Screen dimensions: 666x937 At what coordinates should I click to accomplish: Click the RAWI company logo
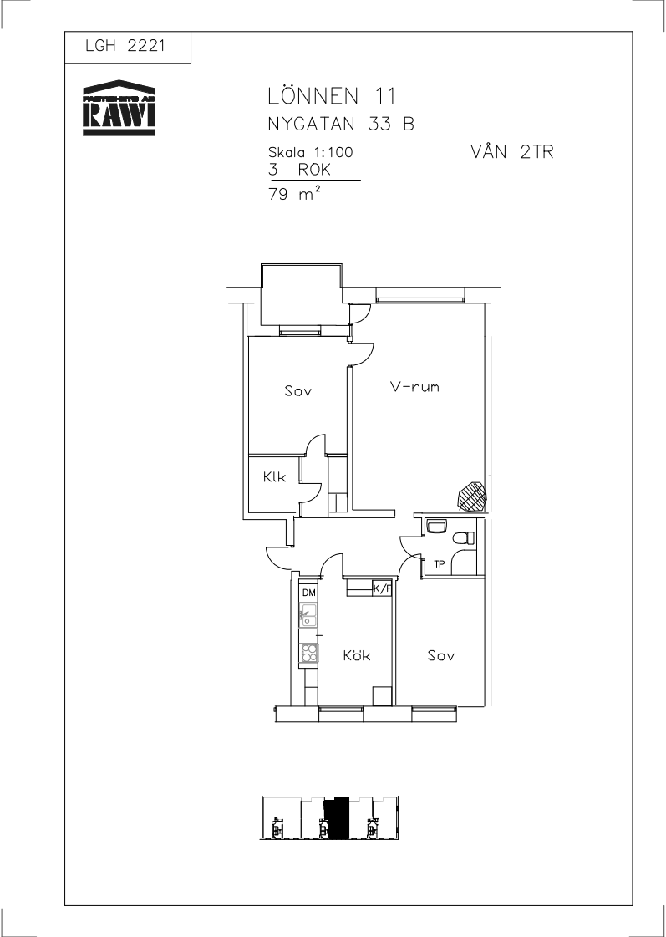click(119, 108)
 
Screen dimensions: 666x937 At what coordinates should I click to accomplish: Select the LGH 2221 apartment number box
click(128, 47)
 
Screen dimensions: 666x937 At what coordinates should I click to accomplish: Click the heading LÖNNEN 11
click(332, 96)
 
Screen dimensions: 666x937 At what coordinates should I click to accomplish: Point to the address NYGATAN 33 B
click(341, 125)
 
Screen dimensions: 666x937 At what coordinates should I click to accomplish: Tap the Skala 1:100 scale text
click(311, 152)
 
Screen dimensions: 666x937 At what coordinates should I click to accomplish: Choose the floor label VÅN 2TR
click(512, 152)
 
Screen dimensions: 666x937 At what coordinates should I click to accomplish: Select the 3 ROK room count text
click(300, 171)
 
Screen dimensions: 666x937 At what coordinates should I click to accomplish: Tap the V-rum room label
click(414, 387)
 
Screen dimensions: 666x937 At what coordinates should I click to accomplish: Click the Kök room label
click(357, 655)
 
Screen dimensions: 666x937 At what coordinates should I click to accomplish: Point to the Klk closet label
click(274, 477)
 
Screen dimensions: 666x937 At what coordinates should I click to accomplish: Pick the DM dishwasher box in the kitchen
click(308, 593)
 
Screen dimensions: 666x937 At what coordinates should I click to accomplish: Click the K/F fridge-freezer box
click(382, 588)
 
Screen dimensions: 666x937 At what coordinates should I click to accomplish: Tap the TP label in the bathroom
click(439, 563)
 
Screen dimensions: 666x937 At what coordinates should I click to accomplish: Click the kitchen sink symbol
click(308, 614)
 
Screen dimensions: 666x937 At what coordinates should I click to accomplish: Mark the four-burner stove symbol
click(309, 653)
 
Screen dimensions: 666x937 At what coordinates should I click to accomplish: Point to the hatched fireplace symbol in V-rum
click(472, 497)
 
